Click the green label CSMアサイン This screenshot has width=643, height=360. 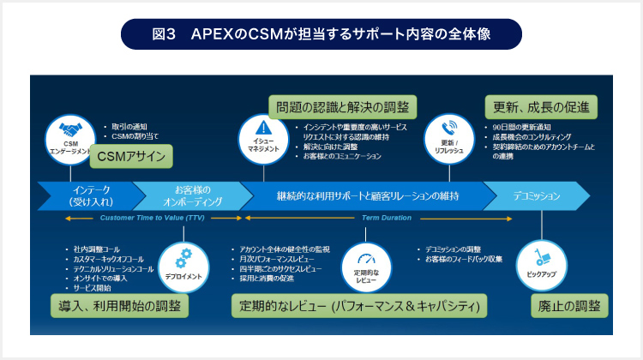[125, 156]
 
